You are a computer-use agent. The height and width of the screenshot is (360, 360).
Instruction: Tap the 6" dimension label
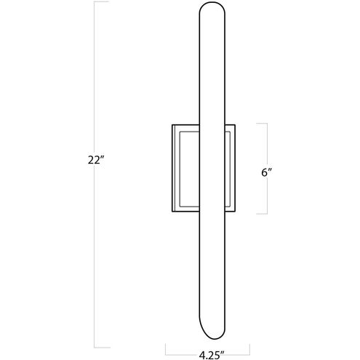pyautogui.click(x=265, y=172)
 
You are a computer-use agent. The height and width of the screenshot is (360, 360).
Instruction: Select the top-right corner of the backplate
pyautogui.click(x=237, y=124)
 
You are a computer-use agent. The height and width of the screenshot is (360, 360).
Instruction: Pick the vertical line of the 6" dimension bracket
pyautogui.click(x=269, y=145)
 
